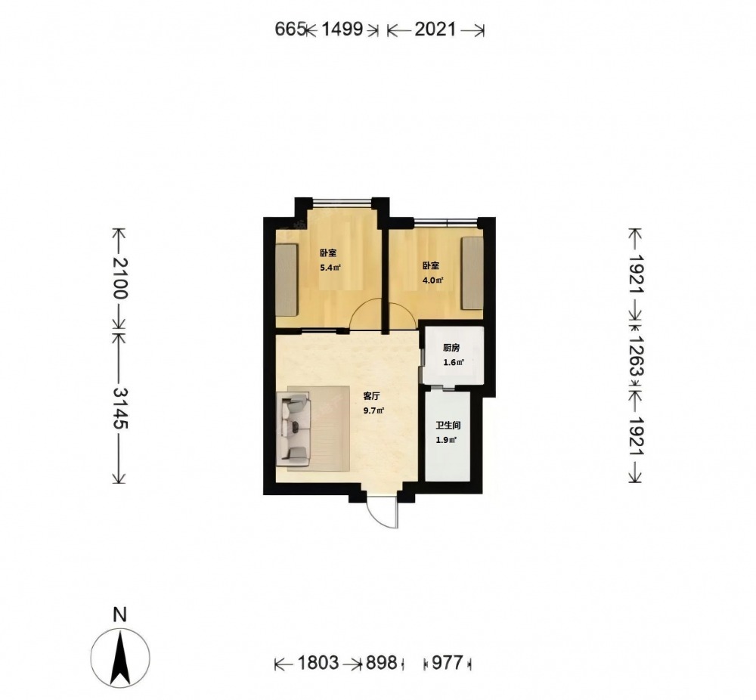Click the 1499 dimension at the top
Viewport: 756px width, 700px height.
tap(342, 29)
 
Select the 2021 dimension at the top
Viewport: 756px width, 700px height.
tap(435, 29)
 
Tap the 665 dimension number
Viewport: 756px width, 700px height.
tap(290, 29)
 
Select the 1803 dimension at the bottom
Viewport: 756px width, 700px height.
tap(318, 663)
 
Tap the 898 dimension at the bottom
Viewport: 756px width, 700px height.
tap(381, 663)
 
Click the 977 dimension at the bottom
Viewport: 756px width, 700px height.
tap(448, 663)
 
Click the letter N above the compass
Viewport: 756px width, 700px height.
tap(119, 615)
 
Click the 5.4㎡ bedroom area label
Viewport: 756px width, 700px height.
tap(330, 268)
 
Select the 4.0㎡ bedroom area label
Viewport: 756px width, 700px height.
tap(433, 280)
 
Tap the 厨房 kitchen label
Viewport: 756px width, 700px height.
tap(451, 348)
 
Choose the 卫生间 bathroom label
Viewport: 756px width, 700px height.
tap(448, 426)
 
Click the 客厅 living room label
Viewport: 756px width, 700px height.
tap(371, 396)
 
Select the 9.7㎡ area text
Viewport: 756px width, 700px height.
tap(373, 410)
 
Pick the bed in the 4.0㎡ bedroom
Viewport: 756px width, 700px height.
tap(472, 273)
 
